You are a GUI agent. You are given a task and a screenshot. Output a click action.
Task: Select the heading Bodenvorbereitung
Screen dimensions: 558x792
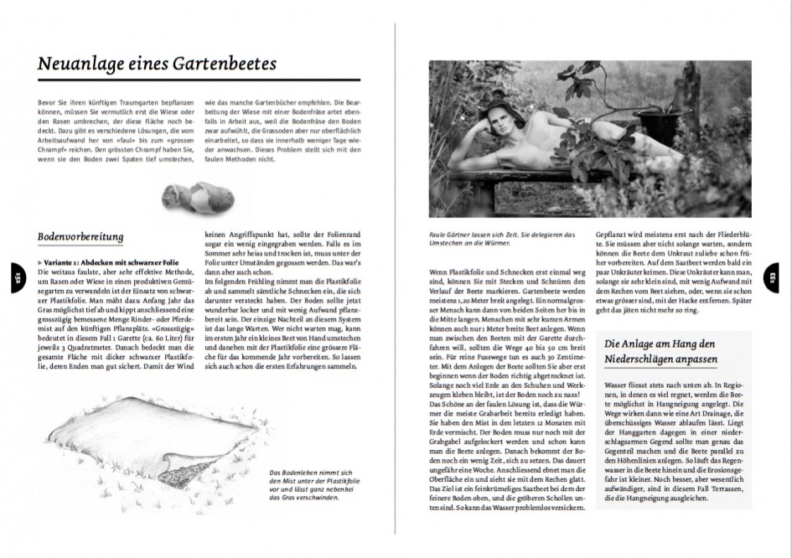tap(81, 237)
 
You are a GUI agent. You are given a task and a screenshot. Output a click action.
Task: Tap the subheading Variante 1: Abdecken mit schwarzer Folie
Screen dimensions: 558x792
tap(104, 263)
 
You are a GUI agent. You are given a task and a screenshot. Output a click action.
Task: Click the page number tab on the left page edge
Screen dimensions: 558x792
tap(14, 272)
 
